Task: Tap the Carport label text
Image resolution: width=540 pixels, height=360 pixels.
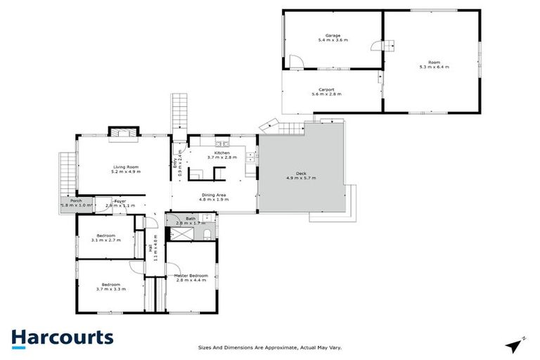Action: [x=326, y=89]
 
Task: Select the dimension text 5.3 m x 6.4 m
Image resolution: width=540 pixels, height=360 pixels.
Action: [x=434, y=67]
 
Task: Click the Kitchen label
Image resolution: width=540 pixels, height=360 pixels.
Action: [x=222, y=153]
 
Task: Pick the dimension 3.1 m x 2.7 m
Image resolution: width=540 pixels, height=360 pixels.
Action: [x=106, y=240]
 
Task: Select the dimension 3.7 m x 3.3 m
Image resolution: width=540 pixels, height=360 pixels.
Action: [x=110, y=289]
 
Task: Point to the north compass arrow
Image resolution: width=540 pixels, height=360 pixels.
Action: [x=515, y=345]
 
